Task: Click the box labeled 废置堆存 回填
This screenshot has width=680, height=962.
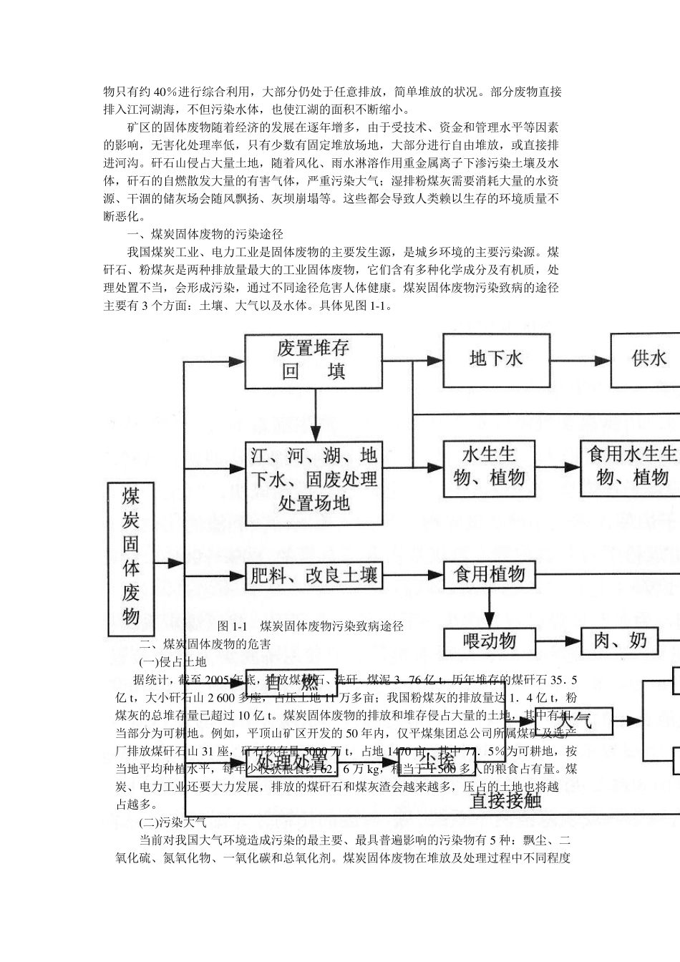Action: point(314,360)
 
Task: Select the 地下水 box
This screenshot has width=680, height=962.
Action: point(495,359)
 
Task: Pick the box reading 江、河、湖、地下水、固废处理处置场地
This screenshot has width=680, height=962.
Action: point(314,479)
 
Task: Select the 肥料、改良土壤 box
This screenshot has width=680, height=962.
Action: point(314,575)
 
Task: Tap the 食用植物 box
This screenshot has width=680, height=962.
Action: point(489,575)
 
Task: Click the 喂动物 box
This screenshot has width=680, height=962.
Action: point(489,641)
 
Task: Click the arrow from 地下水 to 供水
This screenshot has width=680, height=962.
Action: point(580,359)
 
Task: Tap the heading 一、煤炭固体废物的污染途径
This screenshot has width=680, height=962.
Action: point(205,235)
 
